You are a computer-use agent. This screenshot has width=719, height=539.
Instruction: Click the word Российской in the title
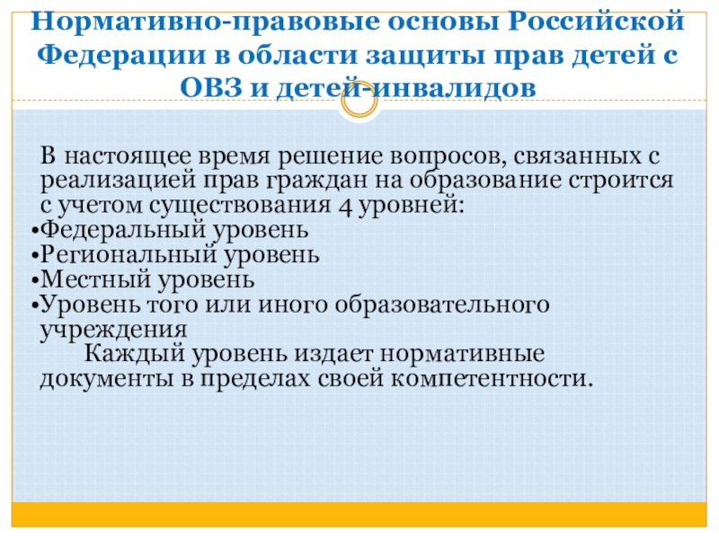point(596,22)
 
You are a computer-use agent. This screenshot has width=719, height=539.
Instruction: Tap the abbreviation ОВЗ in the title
point(211,87)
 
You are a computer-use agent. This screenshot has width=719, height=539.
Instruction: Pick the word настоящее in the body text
point(127,156)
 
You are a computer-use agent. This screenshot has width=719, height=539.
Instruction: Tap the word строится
point(621,181)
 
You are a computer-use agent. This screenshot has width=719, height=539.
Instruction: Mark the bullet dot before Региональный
point(35,256)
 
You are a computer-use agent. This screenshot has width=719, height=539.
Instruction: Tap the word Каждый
point(134,354)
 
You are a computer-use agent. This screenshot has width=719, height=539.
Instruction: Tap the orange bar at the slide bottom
point(359,515)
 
